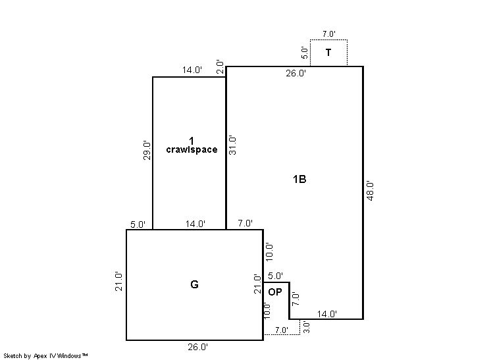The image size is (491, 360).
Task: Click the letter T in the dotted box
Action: (328, 52)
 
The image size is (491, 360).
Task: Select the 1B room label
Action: (299, 179)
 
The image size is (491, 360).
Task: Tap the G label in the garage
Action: (194, 284)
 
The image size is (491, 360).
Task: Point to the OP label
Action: (275, 292)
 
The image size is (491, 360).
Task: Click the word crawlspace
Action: (192, 149)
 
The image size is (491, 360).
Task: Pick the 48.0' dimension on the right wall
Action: (370, 191)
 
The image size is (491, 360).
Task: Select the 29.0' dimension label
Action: (147, 151)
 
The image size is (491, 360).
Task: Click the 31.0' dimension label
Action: (232, 145)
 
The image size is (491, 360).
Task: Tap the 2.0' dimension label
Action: (220, 67)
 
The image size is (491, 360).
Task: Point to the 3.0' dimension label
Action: (307, 327)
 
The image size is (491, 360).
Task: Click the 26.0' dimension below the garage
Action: (197, 347)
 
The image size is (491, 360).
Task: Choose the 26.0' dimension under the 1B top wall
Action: (296, 73)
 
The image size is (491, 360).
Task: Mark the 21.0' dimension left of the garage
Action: (118, 282)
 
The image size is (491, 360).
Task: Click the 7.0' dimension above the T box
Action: (329, 34)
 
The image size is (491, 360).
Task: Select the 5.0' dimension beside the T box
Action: (304, 53)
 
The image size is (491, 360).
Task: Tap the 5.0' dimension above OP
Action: (276, 276)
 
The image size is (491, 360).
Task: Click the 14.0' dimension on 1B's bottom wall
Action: (327, 314)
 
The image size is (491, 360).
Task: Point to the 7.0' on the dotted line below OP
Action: (282, 330)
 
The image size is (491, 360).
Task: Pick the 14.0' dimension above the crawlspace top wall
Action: (192, 70)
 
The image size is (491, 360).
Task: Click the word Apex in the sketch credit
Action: (40, 356)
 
